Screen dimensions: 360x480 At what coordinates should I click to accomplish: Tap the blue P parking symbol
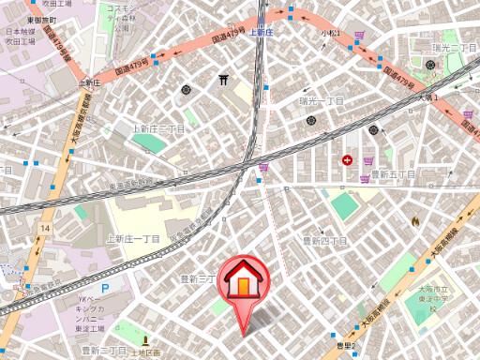pyautogui.click(x=105, y=288)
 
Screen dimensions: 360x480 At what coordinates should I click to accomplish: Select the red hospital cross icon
pyautogui.click(x=349, y=160)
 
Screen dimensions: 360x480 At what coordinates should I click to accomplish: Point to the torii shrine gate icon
pyautogui.click(x=223, y=81)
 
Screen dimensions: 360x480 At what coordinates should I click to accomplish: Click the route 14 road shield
pyautogui.click(x=45, y=228)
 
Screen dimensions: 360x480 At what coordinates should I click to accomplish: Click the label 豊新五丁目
pyautogui.click(x=393, y=173)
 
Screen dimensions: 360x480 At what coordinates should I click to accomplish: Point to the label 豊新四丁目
pyautogui.click(x=324, y=241)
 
